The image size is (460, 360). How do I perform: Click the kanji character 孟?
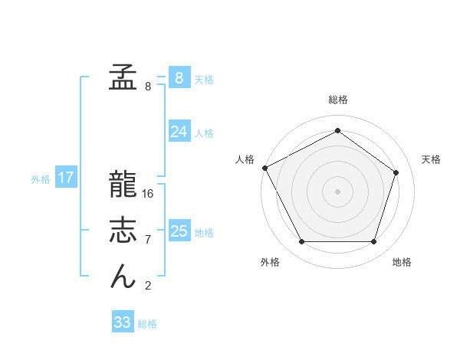click(123, 77)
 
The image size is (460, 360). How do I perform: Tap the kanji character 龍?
click(123, 185)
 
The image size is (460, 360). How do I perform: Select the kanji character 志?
click(123, 231)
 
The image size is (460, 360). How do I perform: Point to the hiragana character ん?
click(123, 277)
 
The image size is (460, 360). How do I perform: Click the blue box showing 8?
click(179, 78)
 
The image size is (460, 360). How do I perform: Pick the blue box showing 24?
click(179, 132)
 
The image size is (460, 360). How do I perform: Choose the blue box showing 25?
click(179, 231)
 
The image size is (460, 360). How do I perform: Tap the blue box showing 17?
click(66, 178)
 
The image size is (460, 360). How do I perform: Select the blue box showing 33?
click(123, 322)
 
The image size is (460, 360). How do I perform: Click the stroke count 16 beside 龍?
click(148, 194)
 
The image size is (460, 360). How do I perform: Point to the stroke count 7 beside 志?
click(148, 240)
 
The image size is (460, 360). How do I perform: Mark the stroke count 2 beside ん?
click(148, 286)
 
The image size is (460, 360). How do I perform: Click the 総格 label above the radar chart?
click(338, 100)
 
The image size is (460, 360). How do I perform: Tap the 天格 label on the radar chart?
click(432, 159)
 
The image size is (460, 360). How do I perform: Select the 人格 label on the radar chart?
click(245, 159)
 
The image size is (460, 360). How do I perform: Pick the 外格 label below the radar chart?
click(270, 262)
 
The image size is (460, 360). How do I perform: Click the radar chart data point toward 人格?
click(264, 168)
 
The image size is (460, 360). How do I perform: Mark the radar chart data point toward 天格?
click(396, 172)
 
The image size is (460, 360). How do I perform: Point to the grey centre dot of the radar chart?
click(337, 191)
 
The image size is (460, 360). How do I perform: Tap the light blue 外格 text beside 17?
click(41, 179)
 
